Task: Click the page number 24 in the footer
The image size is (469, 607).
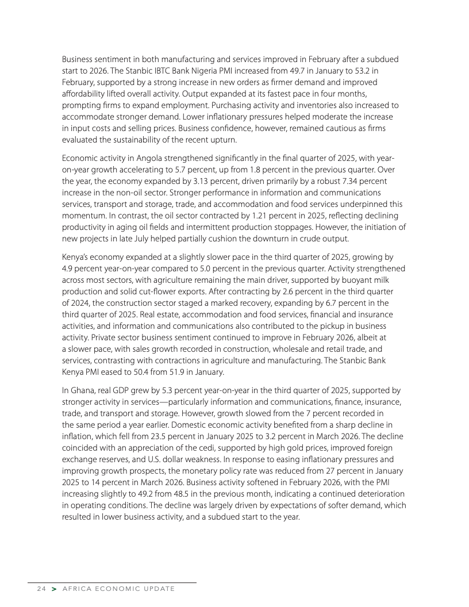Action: point(41,589)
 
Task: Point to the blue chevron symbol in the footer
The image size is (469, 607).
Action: point(54,589)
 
